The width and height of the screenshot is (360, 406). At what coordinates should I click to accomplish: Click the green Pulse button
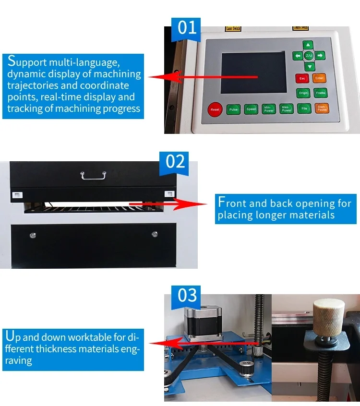pos(233,109)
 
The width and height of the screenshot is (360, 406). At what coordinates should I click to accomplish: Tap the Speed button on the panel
pos(251,109)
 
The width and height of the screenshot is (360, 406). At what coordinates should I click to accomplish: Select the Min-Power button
pos(268,109)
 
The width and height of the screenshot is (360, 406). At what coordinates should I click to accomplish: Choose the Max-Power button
pos(286,108)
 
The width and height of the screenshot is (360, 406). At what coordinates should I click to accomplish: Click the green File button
pos(304,108)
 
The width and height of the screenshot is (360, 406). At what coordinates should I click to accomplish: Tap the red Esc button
pos(302,78)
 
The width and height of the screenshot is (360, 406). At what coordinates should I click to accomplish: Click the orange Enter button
pos(319,78)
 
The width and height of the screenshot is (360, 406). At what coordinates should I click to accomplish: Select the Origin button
pos(303,93)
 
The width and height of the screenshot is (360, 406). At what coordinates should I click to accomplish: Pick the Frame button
pos(320,93)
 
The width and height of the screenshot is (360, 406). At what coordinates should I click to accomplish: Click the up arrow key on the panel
pos(309,45)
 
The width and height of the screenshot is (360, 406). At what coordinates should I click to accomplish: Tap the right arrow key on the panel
pos(320,56)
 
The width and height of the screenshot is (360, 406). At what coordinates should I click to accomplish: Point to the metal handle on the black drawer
pos(94,175)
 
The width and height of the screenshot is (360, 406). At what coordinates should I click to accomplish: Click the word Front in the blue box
pos(237,203)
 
